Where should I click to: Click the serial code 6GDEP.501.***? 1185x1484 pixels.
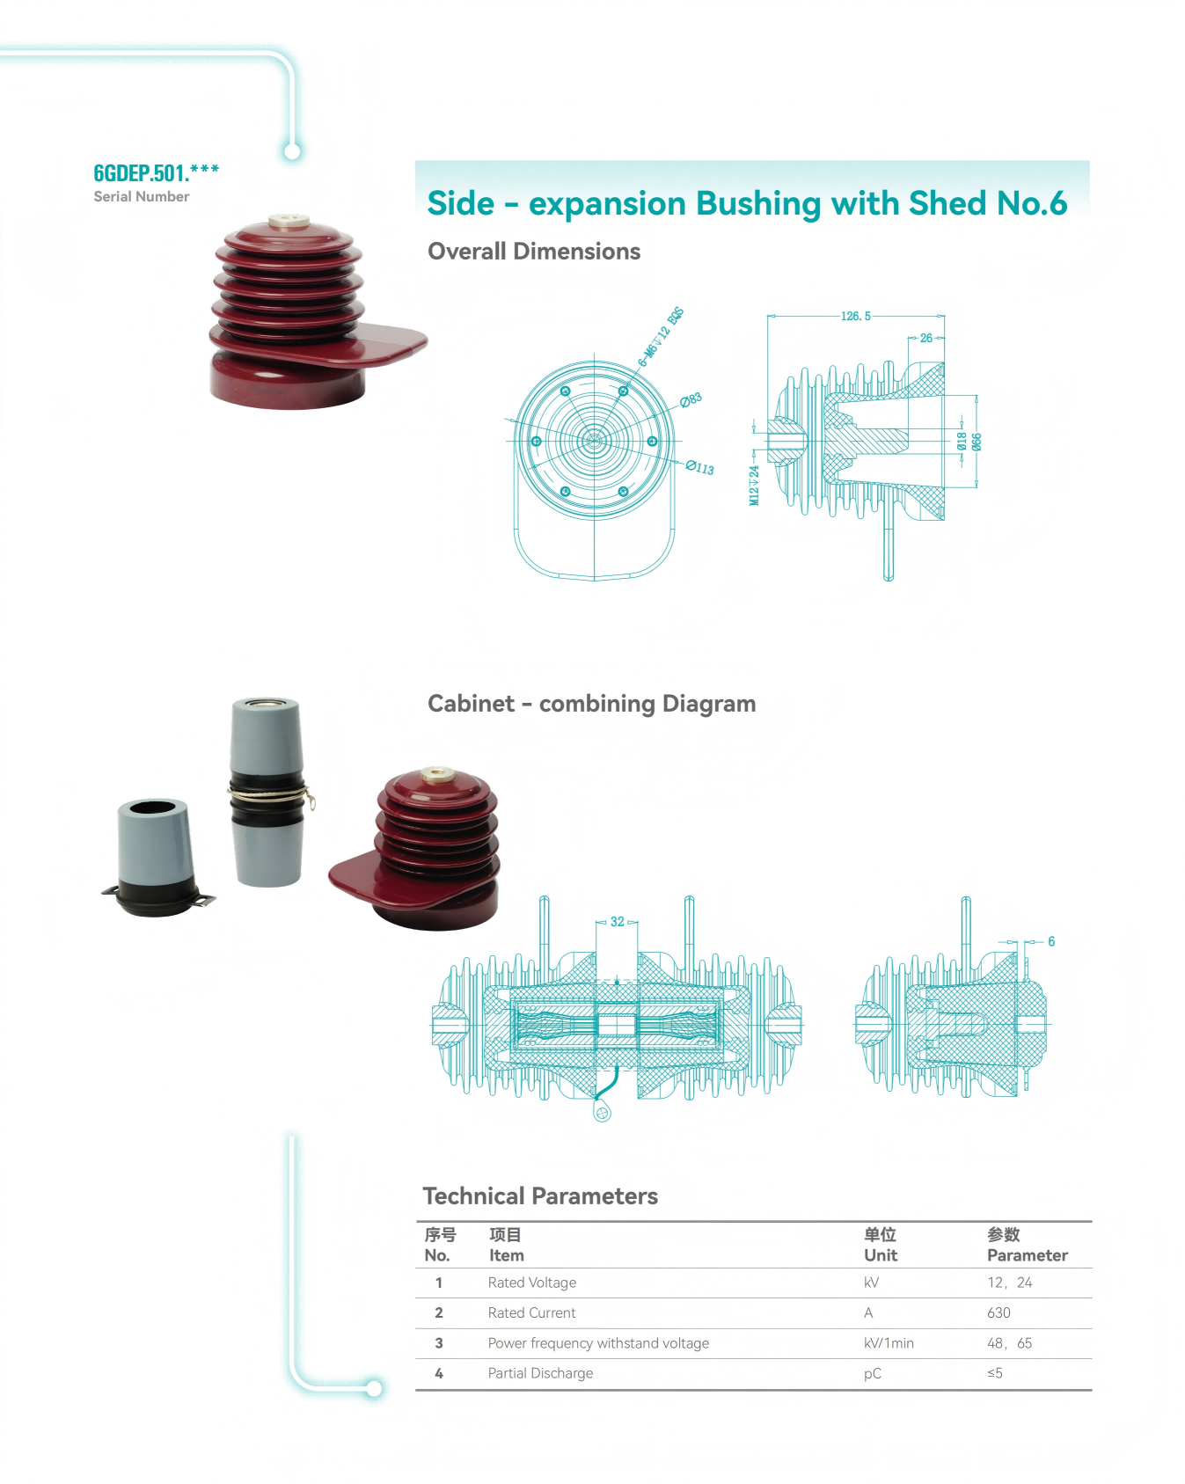(x=156, y=172)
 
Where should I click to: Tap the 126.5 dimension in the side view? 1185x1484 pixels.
(x=855, y=316)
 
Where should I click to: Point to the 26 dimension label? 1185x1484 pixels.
(x=925, y=338)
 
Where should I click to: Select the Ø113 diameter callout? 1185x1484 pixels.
(x=700, y=467)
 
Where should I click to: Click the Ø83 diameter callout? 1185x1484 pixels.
(x=691, y=400)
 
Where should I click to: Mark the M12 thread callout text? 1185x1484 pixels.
(x=754, y=486)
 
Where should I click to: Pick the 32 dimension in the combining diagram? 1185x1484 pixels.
(x=617, y=922)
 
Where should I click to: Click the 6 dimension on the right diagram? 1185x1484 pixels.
(x=1050, y=941)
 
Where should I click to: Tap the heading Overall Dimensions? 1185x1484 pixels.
(x=534, y=252)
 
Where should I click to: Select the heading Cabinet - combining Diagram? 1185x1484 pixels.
(x=591, y=704)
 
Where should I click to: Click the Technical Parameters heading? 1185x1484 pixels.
(x=540, y=1196)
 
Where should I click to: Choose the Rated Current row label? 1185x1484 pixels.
(x=531, y=1312)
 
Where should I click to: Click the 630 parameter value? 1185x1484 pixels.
(x=998, y=1312)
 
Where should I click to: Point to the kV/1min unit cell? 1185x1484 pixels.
(x=889, y=1343)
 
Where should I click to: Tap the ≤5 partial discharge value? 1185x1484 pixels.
(x=995, y=1373)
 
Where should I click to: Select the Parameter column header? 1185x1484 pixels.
(x=1027, y=1255)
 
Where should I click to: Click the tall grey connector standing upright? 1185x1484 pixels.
(x=267, y=792)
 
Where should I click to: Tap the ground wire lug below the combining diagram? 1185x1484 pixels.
(x=602, y=1115)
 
